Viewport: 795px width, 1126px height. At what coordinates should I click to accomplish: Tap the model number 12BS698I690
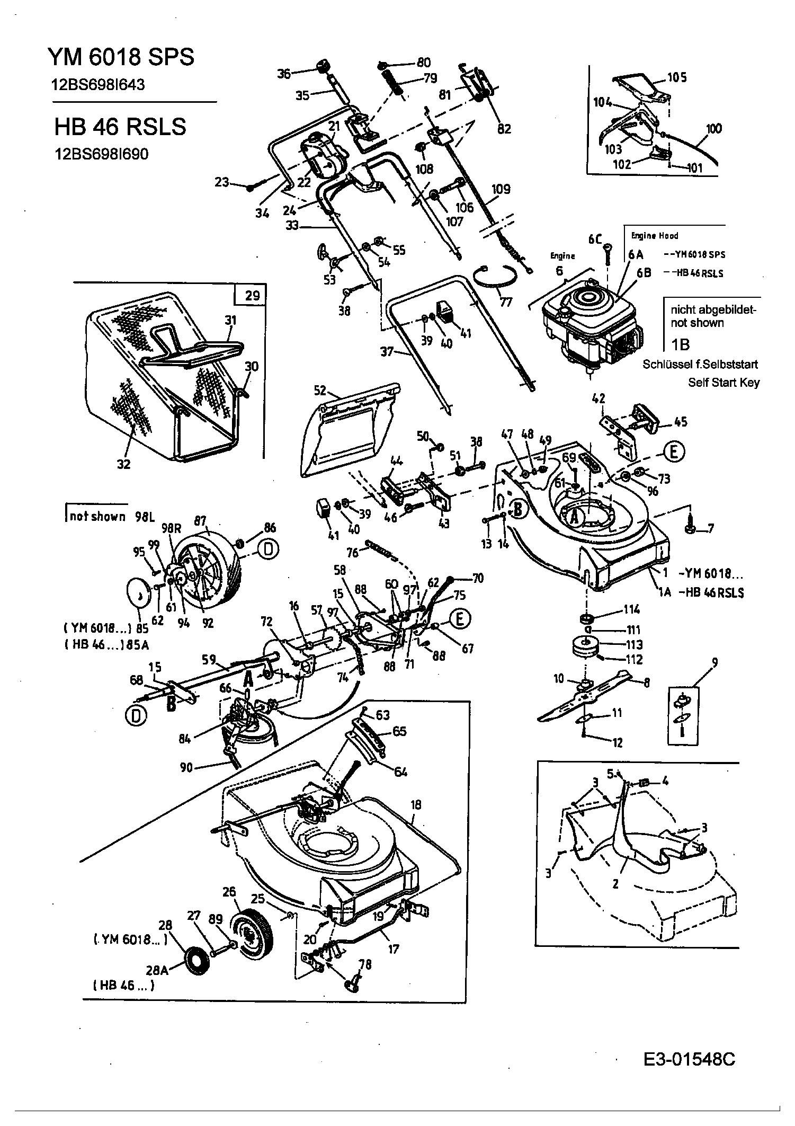click(102, 154)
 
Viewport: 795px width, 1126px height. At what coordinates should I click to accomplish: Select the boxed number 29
click(253, 295)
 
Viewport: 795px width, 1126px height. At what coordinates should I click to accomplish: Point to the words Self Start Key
click(723, 382)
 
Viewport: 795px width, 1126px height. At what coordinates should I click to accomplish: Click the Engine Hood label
click(655, 235)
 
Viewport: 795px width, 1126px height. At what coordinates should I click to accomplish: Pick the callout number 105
click(676, 78)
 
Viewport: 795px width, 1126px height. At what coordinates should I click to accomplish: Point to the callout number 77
click(506, 302)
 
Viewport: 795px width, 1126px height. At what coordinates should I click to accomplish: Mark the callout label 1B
click(681, 345)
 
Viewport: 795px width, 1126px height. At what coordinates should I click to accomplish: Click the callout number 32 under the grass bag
click(124, 464)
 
